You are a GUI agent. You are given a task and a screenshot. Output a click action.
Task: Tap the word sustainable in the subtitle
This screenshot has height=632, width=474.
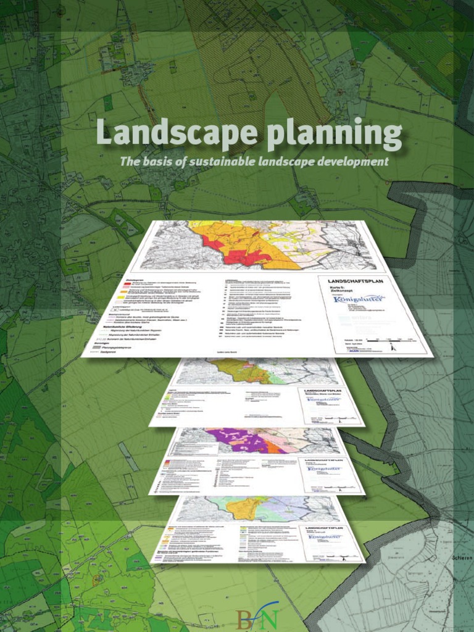225,162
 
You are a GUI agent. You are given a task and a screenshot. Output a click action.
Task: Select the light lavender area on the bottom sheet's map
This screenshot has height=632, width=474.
290,509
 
